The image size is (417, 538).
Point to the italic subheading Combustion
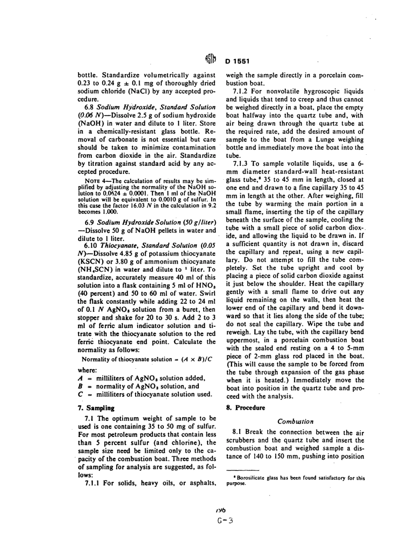point(295,421)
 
